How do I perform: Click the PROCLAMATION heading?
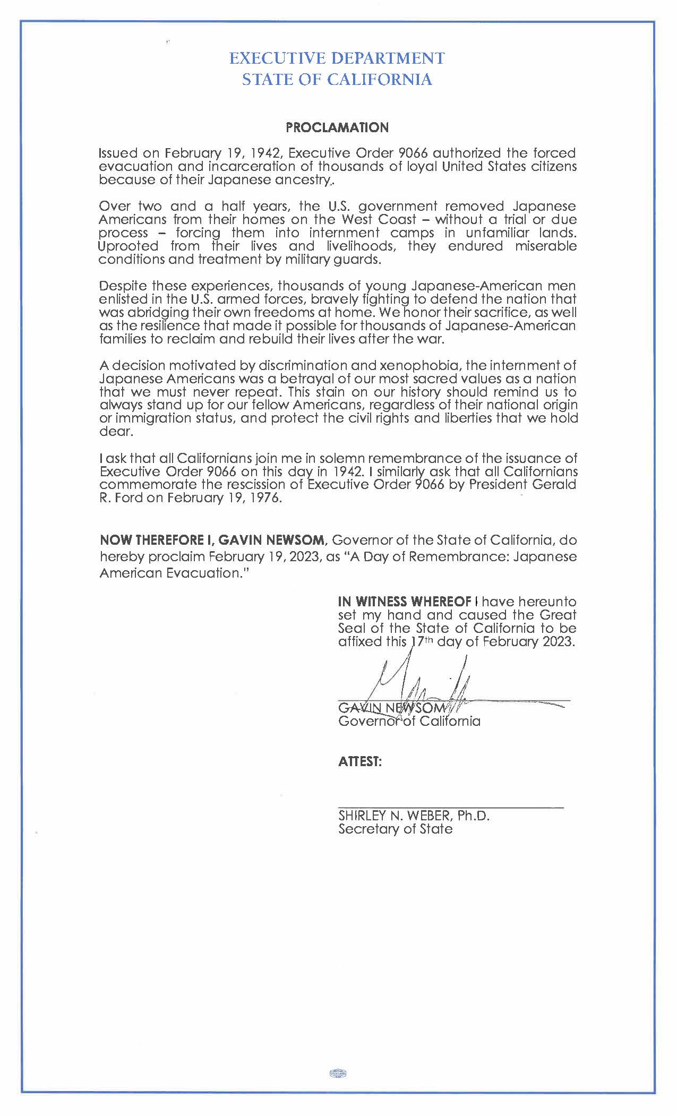[x=337, y=127]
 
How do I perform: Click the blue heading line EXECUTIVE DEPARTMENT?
[x=337, y=58]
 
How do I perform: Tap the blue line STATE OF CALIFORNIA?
[x=337, y=80]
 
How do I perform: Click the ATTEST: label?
[x=360, y=761]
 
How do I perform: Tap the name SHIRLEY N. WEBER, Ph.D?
[x=414, y=816]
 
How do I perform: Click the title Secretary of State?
[x=396, y=829]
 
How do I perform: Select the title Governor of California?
[x=409, y=721]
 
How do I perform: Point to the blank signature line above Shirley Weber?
[x=451, y=807]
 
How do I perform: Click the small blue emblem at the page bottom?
[x=338, y=1073]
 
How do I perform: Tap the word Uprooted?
[x=128, y=246]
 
